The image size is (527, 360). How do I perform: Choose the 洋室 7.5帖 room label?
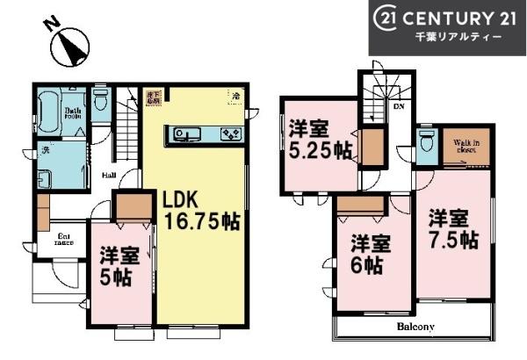[x=452, y=227]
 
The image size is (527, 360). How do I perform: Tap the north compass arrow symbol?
[x=69, y=49]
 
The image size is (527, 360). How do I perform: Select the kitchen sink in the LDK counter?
[x=187, y=134]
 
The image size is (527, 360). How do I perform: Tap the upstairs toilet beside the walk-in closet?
[x=427, y=141]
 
